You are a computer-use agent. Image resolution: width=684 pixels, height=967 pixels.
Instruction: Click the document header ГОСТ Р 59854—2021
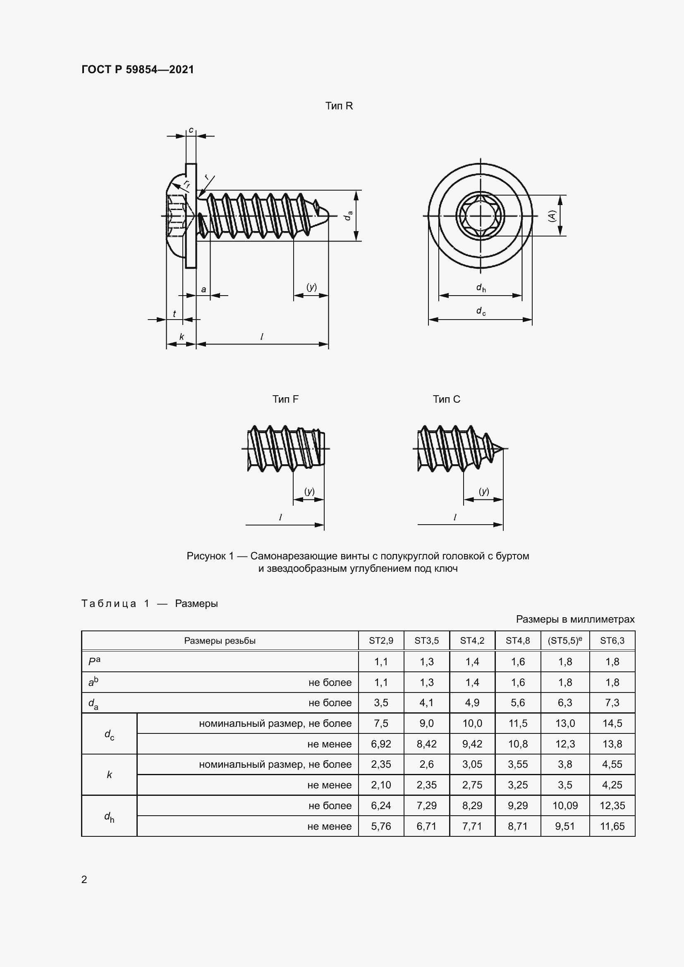(x=137, y=69)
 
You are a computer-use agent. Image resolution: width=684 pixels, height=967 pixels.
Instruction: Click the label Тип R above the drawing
(x=339, y=106)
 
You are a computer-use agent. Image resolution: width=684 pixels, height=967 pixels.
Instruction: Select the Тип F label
(x=285, y=399)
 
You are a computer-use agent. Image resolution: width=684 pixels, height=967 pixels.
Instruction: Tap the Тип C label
(x=446, y=399)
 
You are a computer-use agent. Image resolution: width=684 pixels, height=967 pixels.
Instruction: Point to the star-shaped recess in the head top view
(x=480, y=216)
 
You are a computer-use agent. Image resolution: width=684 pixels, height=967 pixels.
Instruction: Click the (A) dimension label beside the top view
(x=552, y=216)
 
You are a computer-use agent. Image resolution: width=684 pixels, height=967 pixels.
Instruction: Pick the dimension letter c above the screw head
(x=191, y=130)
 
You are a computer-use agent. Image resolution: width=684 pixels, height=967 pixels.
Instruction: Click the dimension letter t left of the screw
(x=174, y=313)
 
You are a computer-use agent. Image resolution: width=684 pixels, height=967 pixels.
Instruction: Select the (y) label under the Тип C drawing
(x=483, y=491)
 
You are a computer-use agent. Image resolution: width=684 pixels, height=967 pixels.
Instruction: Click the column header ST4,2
(x=472, y=640)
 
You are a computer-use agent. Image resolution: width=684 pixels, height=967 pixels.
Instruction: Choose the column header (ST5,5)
(x=564, y=640)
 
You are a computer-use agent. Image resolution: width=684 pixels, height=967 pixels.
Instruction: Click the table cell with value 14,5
(x=612, y=723)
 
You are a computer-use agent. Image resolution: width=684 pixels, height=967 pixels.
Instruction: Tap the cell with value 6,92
(x=381, y=744)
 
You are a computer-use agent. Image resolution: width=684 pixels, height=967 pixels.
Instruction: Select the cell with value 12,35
(x=612, y=805)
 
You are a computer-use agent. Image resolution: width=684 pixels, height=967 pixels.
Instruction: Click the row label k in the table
(x=109, y=774)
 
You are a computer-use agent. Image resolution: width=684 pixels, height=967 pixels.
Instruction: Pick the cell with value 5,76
(x=381, y=826)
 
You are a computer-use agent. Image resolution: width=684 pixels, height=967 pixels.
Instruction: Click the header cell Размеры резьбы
(x=220, y=640)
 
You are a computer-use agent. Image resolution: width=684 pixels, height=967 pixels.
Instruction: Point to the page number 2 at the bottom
(x=84, y=879)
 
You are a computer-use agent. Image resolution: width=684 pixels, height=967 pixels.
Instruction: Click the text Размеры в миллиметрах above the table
(x=574, y=619)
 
